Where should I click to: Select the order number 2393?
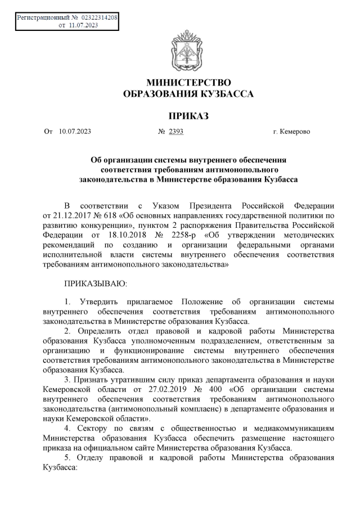point(176,132)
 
